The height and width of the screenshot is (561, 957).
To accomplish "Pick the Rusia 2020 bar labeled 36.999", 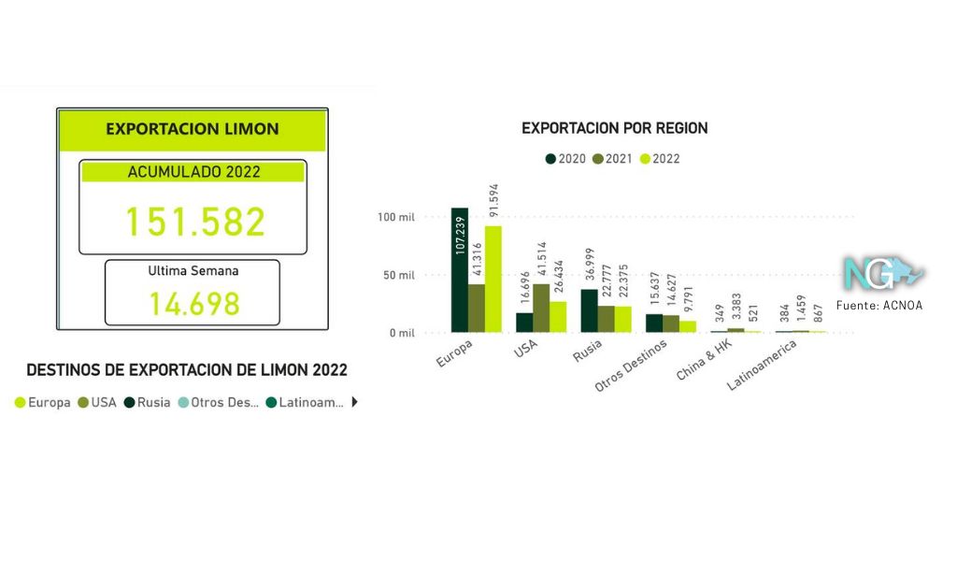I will [590, 310].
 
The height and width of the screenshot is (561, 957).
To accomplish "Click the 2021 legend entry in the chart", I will [612, 159].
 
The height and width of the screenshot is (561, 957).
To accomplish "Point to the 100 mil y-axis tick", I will [396, 218].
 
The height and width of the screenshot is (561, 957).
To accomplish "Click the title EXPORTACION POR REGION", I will [614, 128].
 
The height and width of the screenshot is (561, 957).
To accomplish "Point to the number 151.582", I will [195, 222].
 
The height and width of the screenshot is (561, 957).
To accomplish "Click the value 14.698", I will [194, 303].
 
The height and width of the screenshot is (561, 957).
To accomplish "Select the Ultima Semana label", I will [193, 271].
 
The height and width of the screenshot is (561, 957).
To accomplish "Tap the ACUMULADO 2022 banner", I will [193, 172].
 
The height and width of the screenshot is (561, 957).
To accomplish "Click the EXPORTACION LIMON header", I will [192, 129].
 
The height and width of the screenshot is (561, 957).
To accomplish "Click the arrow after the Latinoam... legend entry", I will [354, 403].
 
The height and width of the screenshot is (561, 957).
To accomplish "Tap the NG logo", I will [881, 274].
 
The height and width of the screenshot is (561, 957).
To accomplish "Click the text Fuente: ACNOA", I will [879, 305].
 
